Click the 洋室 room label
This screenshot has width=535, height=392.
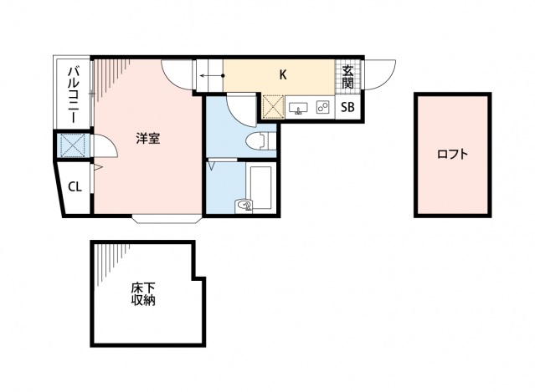pos(148,139)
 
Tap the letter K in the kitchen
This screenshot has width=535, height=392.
pos(283,74)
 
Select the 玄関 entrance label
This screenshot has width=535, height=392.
pos(347,77)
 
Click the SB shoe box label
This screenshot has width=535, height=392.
pos(347,107)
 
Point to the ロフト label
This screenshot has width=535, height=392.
pos(452,154)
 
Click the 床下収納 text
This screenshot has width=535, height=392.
pos(143,294)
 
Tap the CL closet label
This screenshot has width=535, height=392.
pos(75,186)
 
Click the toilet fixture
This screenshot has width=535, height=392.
pos(261,140)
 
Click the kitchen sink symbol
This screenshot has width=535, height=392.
pos(299,107)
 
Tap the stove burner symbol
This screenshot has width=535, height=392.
pos(322,107)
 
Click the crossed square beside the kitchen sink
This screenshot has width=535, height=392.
pos(274,107)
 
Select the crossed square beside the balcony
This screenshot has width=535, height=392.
pos(73,146)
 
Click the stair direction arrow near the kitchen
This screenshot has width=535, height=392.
pos(209,76)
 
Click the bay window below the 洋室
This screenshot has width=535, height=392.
pos(166,221)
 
